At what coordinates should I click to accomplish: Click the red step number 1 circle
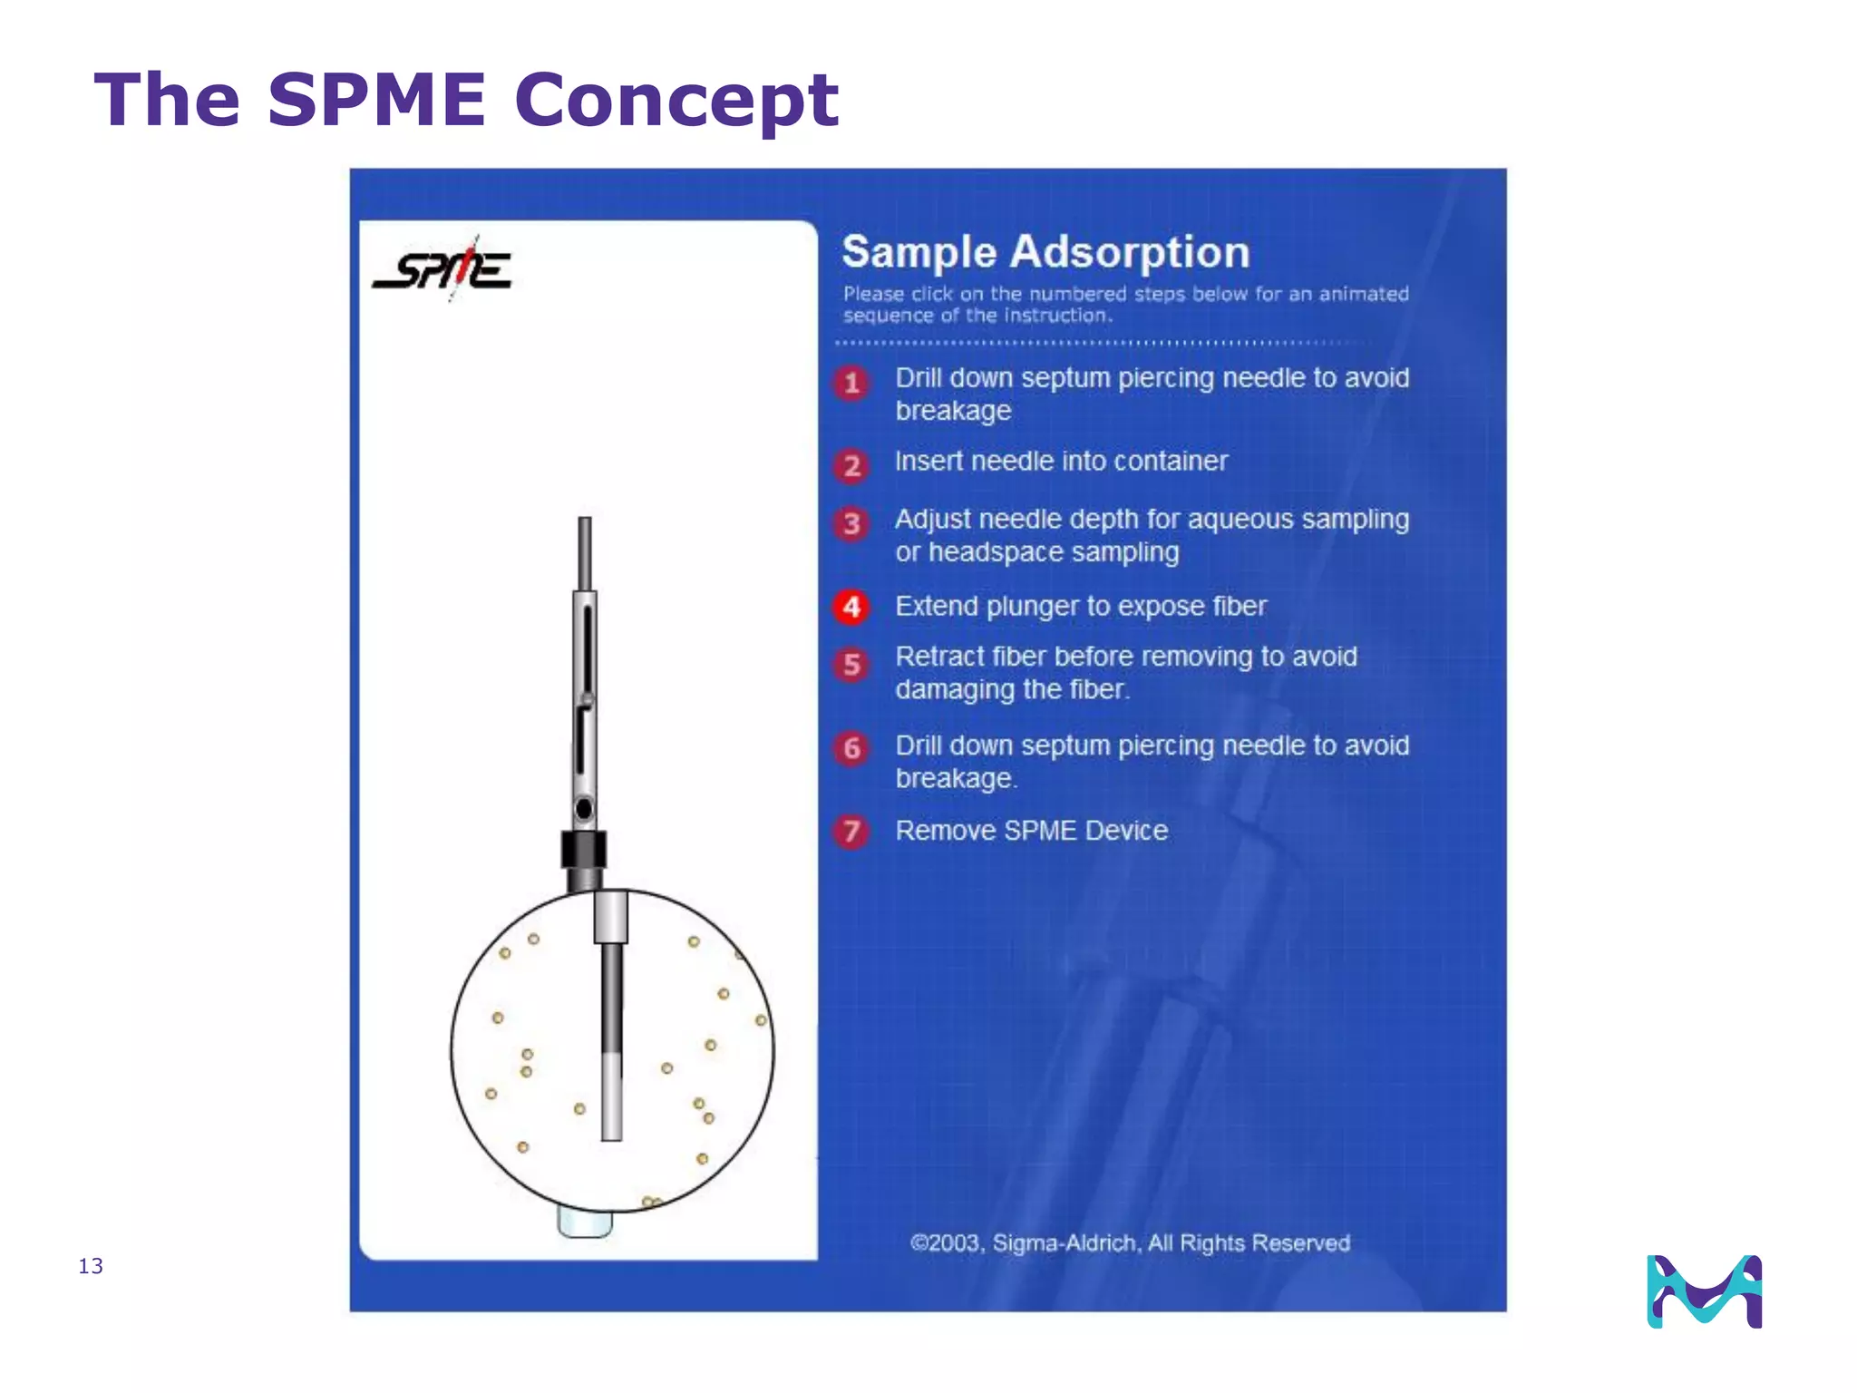[x=851, y=384]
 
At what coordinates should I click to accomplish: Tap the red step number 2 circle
[x=851, y=466]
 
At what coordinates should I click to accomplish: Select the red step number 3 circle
[x=851, y=523]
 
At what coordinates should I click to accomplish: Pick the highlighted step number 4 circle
[x=851, y=607]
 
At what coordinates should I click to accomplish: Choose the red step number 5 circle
[x=851, y=665]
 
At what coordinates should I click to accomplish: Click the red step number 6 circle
[x=851, y=748]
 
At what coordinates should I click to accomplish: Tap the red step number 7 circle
[x=851, y=831]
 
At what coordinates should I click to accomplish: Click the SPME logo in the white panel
[x=442, y=269]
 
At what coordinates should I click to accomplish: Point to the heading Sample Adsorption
[x=1045, y=252]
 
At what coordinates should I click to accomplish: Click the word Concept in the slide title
[x=676, y=100]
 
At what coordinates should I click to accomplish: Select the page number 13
[x=91, y=1266]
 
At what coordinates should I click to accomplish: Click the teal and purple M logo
[x=1704, y=1291]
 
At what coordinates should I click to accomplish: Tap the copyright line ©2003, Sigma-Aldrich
[x=1130, y=1242]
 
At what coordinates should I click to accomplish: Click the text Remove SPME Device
[x=1031, y=831]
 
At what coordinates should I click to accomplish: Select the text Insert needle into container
[x=1061, y=461]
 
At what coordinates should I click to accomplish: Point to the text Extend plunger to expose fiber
[x=1080, y=606]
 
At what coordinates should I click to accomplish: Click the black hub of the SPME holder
[x=584, y=850]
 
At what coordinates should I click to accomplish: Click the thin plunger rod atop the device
[x=585, y=553]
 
